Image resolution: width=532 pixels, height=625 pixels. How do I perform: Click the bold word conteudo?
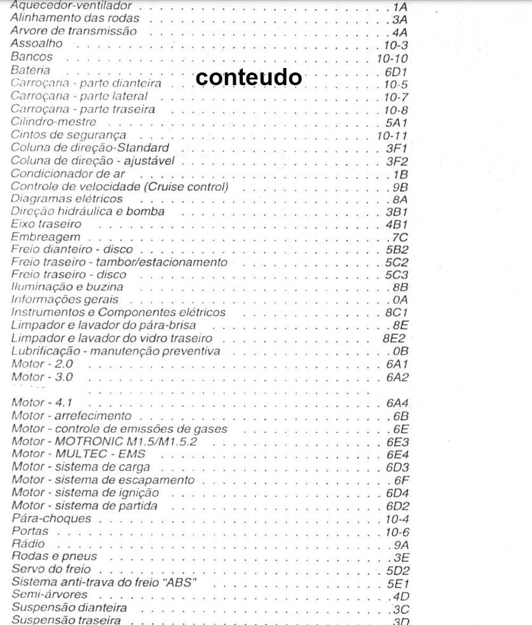click(x=249, y=77)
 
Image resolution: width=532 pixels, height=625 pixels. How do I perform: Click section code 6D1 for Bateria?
click(x=396, y=71)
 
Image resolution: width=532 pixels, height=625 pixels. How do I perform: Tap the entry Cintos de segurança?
click(x=69, y=135)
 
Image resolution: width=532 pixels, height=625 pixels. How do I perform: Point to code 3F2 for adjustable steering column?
click(x=397, y=161)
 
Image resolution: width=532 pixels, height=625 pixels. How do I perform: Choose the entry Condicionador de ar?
click(x=68, y=174)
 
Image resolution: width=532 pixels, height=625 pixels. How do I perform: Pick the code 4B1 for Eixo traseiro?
click(x=397, y=224)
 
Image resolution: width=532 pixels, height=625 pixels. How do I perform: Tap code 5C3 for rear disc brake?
click(x=397, y=275)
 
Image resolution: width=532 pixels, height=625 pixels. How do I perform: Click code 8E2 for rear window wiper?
click(x=394, y=339)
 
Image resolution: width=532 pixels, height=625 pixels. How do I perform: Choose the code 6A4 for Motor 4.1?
click(x=397, y=403)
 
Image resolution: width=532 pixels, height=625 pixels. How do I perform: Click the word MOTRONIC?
click(x=92, y=441)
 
